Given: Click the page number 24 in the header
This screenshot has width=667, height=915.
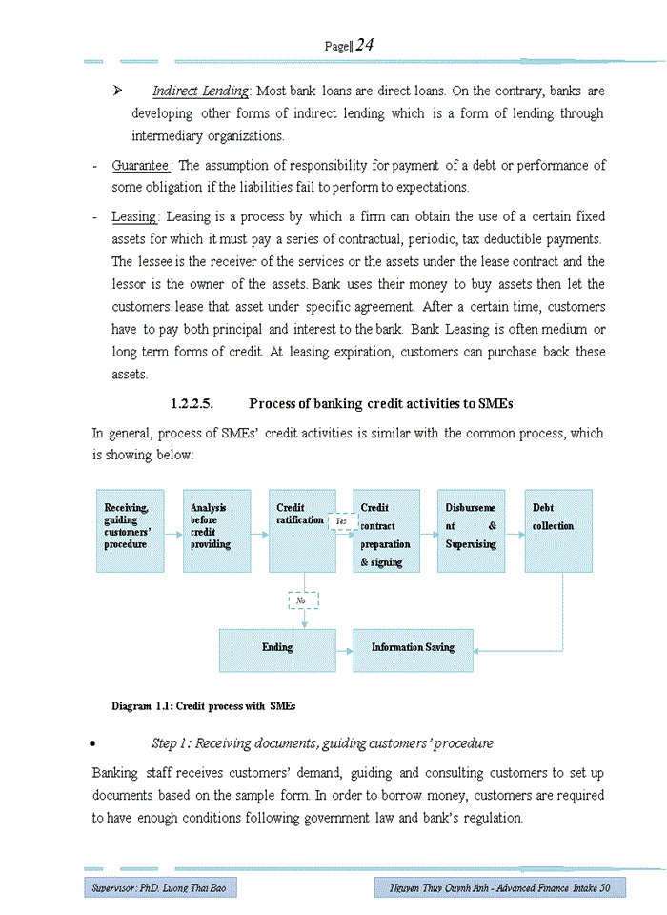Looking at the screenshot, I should tap(364, 45).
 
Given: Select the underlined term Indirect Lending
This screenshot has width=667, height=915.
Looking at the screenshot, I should tap(201, 91).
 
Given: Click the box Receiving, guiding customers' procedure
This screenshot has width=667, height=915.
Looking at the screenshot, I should tap(130, 531).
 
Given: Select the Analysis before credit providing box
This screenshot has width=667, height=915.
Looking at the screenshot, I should tap(216, 531).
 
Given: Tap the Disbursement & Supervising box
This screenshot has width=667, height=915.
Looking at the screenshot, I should tap(471, 531).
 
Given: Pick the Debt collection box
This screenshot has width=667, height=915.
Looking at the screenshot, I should tap(557, 531).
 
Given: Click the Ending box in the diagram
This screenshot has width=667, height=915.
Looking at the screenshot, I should tap(277, 649).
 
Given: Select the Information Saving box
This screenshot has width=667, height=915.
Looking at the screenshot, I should tap(413, 649).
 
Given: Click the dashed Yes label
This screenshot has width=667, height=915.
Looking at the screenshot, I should tap(341, 522).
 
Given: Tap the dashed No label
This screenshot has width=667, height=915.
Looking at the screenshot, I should tap(303, 600).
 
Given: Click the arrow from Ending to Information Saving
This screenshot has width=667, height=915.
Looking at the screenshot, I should tap(344, 649).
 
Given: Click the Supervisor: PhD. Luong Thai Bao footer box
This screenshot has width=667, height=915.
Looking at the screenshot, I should tap(159, 888).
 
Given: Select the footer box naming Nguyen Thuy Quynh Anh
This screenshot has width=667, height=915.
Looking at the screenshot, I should tap(499, 888).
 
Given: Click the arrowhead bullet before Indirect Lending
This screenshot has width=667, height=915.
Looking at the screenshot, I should tap(119, 91).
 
